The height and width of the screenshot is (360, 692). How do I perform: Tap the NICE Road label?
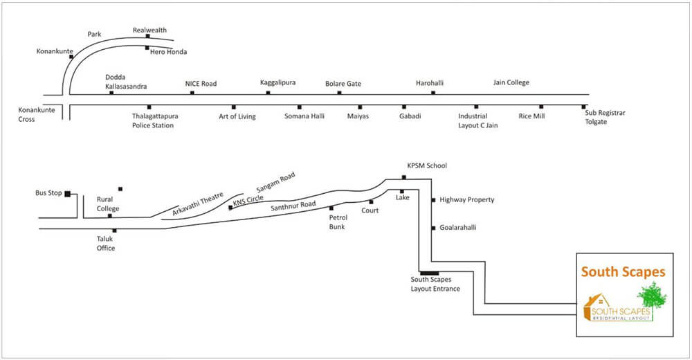point(201,84)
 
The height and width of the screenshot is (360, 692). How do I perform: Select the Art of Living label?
point(237,116)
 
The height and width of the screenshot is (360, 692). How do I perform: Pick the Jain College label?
point(511,82)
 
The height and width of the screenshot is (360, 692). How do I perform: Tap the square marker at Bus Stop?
point(68,194)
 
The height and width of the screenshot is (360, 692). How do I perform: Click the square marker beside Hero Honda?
point(147,48)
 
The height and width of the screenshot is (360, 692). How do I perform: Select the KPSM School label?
point(427,166)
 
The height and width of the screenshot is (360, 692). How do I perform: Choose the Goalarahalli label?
point(458,227)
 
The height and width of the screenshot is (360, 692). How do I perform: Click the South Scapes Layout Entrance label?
point(435,284)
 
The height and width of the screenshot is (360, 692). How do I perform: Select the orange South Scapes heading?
point(623,273)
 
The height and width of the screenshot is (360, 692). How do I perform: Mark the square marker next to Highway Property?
point(434,200)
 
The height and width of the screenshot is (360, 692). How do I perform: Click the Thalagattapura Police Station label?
point(152,120)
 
